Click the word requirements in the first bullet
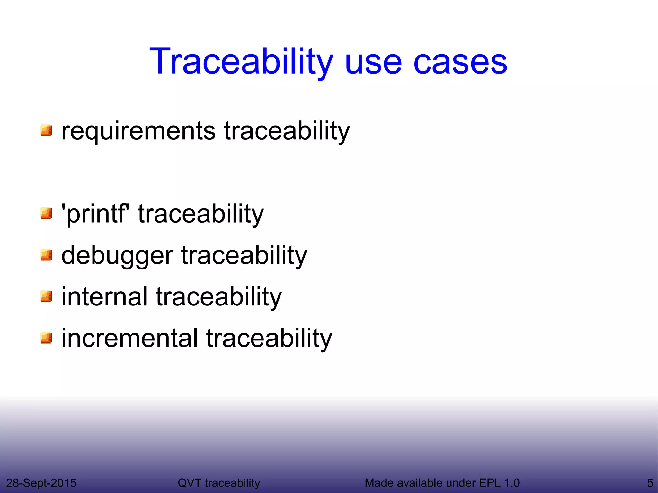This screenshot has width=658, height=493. coord(138,131)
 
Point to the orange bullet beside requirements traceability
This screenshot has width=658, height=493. coord(46,131)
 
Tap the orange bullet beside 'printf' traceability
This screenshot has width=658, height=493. coord(46,214)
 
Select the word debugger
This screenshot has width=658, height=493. coord(117,256)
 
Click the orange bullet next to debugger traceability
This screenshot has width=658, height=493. coord(46,255)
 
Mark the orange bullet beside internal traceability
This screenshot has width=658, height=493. coord(46,296)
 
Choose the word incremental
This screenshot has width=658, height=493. coord(129,338)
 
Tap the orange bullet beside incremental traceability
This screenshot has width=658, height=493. coord(46,338)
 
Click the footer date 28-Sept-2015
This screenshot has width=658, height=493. coord(41,483)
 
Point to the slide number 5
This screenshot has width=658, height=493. coord(650,483)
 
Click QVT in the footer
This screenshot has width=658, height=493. coord(190,483)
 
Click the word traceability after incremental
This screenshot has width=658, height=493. coord(269,338)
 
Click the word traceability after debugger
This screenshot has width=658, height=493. coord(244,256)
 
